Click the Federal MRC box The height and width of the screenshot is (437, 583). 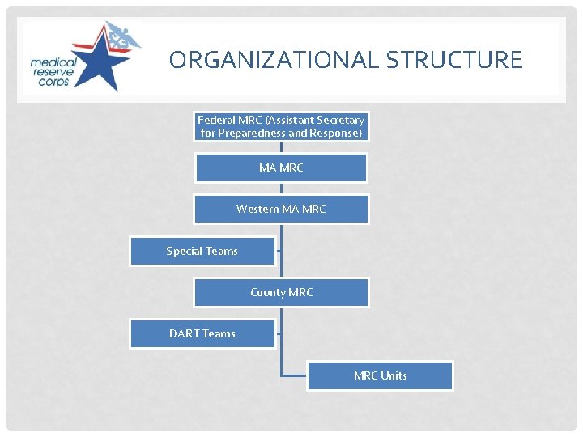pyautogui.click(x=281, y=126)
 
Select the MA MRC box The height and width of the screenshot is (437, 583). pyautogui.click(x=281, y=168)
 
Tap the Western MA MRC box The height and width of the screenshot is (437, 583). pyautogui.click(x=281, y=209)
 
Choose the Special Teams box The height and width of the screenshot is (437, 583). pyautogui.click(x=202, y=251)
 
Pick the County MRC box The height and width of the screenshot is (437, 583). pyautogui.click(x=281, y=292)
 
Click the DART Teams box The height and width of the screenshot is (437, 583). pyautogui.click(x=202, y=333)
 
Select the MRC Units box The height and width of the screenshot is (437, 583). pyautogui.click(x=380, y=375)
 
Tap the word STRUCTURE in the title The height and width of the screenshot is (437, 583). pyautogui.click(x=454, y=60)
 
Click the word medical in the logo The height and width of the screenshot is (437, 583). pyautogui.click(x=54, y=62)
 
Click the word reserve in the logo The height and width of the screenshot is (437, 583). pyautogui.click(x=54, y=72)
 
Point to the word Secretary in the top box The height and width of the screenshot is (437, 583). pyautogui.click(x=339, y=120)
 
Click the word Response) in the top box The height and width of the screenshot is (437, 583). pyautogui.click(x=335, y=133)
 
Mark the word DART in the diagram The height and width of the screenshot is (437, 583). pyautogui.click(x=184, y=333)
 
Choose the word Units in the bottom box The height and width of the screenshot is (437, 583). pyautogui.click(x=394, y=375)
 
